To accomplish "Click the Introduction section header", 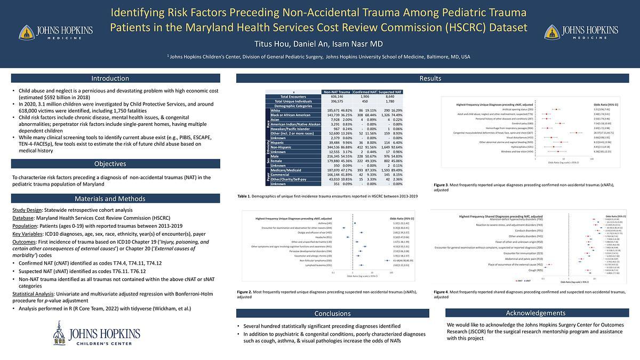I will [x=116, y=78].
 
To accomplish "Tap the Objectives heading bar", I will [x=116, y=164].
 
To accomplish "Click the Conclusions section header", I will [x=332, y=314].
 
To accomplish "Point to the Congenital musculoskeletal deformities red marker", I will [x=577, y=133].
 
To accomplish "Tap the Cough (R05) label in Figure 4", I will [x=536, y=270].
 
